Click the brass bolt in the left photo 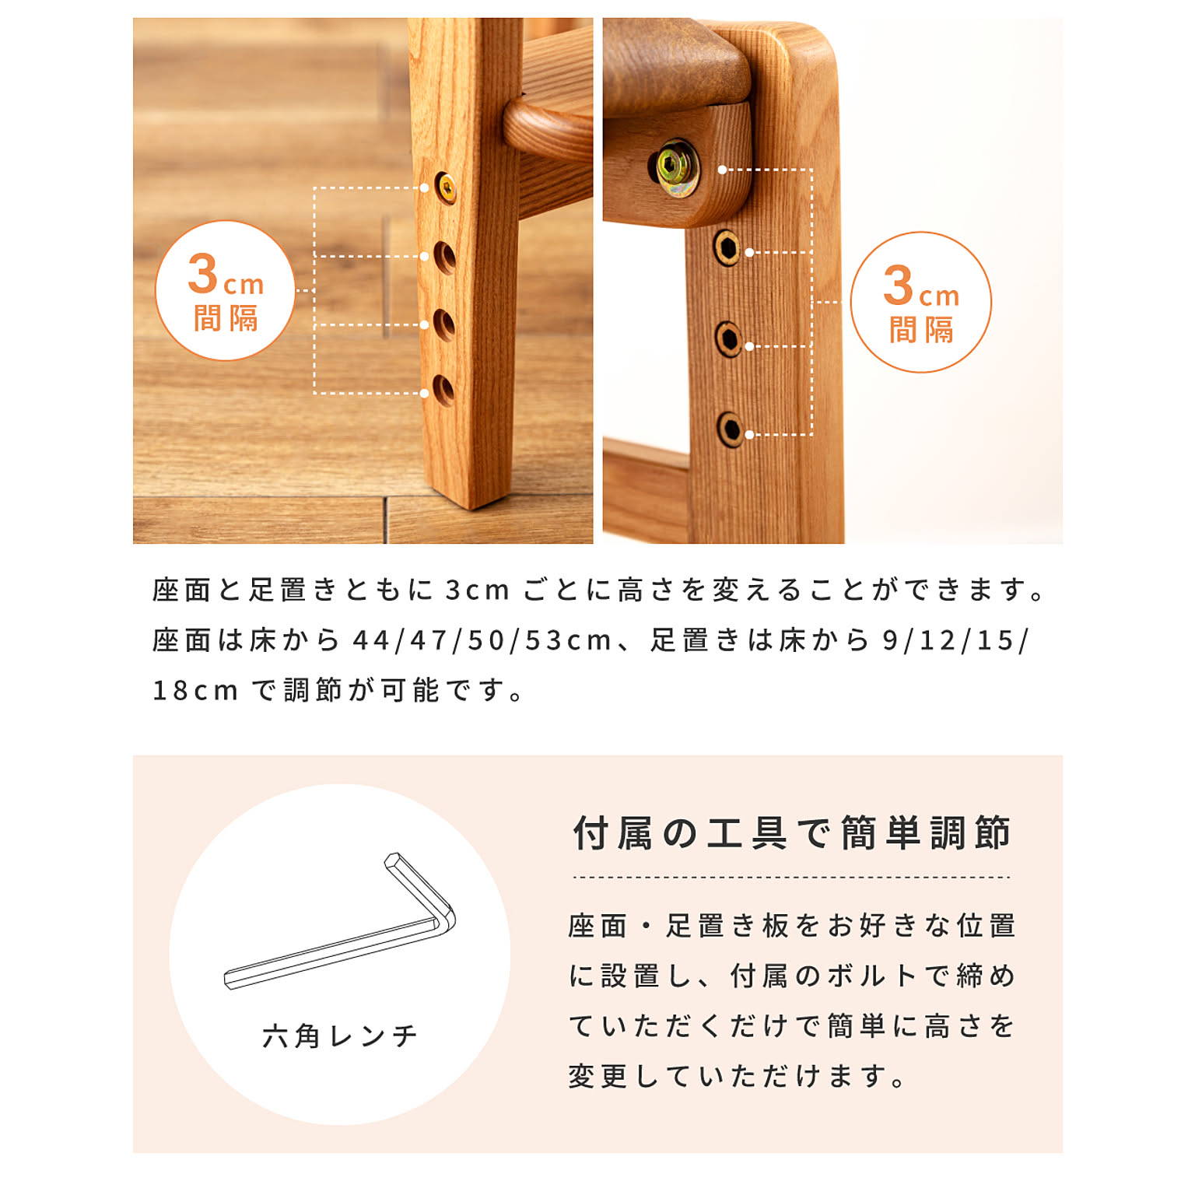[446, 187]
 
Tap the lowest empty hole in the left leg [443, 391]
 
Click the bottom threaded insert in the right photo [730, 429]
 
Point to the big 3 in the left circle [203, 274]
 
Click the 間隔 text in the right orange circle [921, 330]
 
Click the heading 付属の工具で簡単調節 [792, 832]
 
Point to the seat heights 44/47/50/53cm [482, 640]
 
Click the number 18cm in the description [195, 690]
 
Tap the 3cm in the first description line [477, 590]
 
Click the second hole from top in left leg [444, 258]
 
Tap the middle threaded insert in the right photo [728, 338]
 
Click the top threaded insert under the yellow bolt [727, 247]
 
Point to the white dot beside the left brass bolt [424, 187]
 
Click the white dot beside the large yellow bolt [722, 169]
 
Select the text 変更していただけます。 [736, 1076]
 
